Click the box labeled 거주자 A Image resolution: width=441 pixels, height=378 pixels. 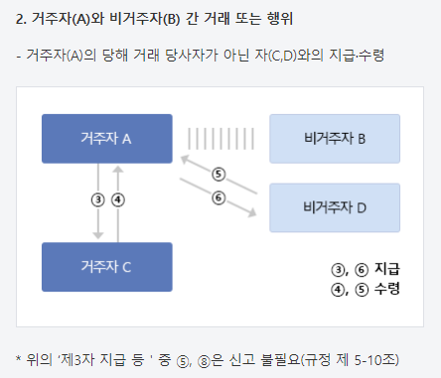(107, 139)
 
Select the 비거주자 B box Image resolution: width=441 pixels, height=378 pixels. (335, 139)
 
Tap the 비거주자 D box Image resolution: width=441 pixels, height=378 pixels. (335, 207)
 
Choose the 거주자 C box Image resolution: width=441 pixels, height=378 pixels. (107, 267)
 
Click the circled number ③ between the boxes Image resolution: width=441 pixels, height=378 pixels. (98, 199)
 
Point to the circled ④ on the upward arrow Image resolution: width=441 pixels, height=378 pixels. (118, 199)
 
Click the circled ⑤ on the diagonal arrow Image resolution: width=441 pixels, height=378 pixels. (219, 174)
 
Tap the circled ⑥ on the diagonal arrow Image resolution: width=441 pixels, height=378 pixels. (219, 197)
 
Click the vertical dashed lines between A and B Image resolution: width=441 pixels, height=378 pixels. (220, 139)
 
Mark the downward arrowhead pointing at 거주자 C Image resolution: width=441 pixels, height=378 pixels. (98, 235)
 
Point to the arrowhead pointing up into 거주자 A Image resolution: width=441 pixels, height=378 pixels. (118, 169)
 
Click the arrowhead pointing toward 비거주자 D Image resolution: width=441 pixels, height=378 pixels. (253, 212)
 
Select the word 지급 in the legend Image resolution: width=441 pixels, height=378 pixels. (387, 269)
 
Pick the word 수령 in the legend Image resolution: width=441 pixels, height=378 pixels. (387, 289)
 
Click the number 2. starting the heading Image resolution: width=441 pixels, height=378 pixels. (21, 19)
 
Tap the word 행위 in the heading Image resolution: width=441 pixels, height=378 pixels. (280, 19)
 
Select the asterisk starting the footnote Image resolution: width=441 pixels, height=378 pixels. (19, 358)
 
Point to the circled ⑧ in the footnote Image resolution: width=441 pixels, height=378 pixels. (204, 361)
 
